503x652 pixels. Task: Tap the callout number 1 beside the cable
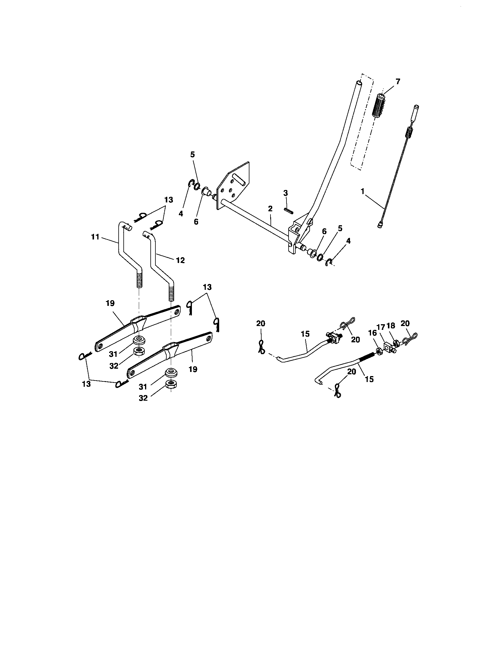tap(363, 191)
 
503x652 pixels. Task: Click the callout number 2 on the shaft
tap(270, 209)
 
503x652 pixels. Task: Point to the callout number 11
tap(95, 237)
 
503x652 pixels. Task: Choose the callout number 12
tap(180, 260)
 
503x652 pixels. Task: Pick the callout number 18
tap(391, 326)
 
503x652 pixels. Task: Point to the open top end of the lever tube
tap(359, 83)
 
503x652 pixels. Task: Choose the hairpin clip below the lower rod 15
tap(338, 391)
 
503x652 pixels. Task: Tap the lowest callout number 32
tap(143, 398)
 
